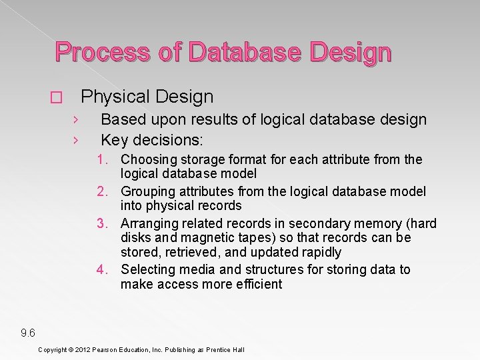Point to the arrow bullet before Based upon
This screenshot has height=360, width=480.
[x=76, y=121]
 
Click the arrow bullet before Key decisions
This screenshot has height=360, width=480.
[x=76, y=141]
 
